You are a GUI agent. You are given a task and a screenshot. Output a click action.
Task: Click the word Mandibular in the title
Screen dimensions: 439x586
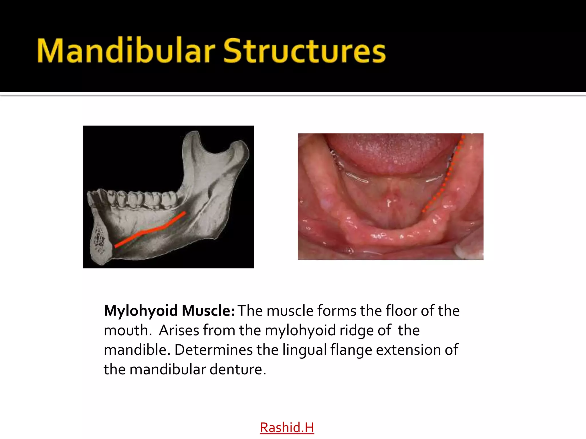tap(126, 51)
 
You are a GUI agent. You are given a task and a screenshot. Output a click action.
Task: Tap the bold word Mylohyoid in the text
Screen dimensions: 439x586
tap(140, 311)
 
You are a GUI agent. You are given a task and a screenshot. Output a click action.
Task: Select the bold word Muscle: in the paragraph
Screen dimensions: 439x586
tap(208, 311)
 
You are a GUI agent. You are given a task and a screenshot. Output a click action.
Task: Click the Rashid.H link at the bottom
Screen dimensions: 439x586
tap(287, 428)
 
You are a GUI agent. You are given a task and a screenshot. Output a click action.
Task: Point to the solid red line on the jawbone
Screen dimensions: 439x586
tap(152, 230)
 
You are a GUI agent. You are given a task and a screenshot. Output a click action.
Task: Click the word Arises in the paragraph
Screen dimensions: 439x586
tap(179, 330)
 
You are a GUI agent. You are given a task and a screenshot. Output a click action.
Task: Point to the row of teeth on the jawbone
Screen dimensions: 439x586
tap(137, 199)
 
